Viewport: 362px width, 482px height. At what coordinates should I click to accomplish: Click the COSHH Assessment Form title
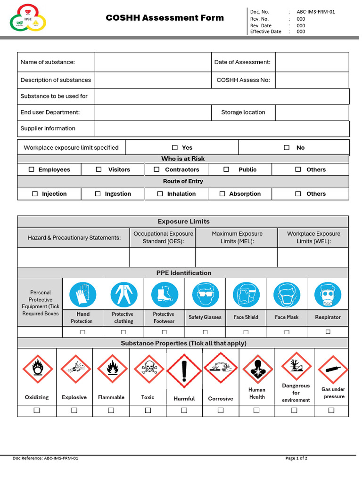point(165,18)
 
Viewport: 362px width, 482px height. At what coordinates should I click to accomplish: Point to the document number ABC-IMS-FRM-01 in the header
point(316,12)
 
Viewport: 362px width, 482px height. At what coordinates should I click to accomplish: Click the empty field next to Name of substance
point(153,62)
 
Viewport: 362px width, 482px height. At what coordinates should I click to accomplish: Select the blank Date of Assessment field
point(312,62)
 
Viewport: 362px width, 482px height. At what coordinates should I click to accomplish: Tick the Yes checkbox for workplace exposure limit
point(175,148)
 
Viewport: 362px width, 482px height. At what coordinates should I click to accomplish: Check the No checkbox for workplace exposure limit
point(287,148)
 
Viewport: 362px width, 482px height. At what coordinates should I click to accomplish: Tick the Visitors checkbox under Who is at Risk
point(99,169)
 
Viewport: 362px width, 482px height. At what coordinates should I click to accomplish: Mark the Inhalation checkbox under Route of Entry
point(160,194)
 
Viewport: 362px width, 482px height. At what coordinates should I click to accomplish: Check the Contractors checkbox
point(156,169)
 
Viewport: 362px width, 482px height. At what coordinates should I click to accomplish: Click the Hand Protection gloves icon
point(83,295)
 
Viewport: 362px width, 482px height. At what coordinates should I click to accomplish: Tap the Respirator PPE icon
point(328,295)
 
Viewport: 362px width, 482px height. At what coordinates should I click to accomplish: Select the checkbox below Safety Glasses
point(205,332)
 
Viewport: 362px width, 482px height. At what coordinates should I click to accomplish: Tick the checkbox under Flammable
point(111,410)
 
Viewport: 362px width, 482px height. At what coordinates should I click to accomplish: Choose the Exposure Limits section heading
point(183,222)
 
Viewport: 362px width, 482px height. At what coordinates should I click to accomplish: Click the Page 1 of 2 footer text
point(296,458)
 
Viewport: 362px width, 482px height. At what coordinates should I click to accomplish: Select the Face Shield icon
point(246,295)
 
